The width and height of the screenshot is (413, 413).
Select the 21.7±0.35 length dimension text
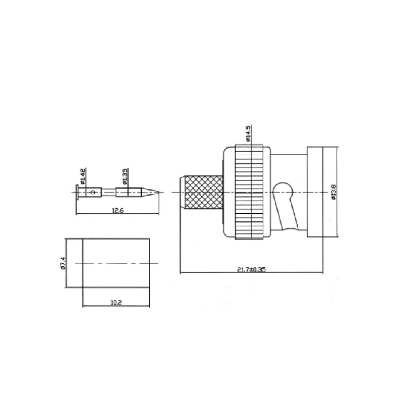251,269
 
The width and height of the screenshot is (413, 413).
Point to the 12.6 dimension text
117,211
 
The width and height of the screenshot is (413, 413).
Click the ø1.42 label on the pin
83,176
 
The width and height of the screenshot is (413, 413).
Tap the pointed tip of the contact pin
158,192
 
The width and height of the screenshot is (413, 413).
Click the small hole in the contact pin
93,192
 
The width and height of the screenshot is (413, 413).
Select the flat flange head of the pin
77,192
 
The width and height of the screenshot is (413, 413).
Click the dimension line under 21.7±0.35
215,273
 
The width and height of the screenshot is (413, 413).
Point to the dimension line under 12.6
99,214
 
